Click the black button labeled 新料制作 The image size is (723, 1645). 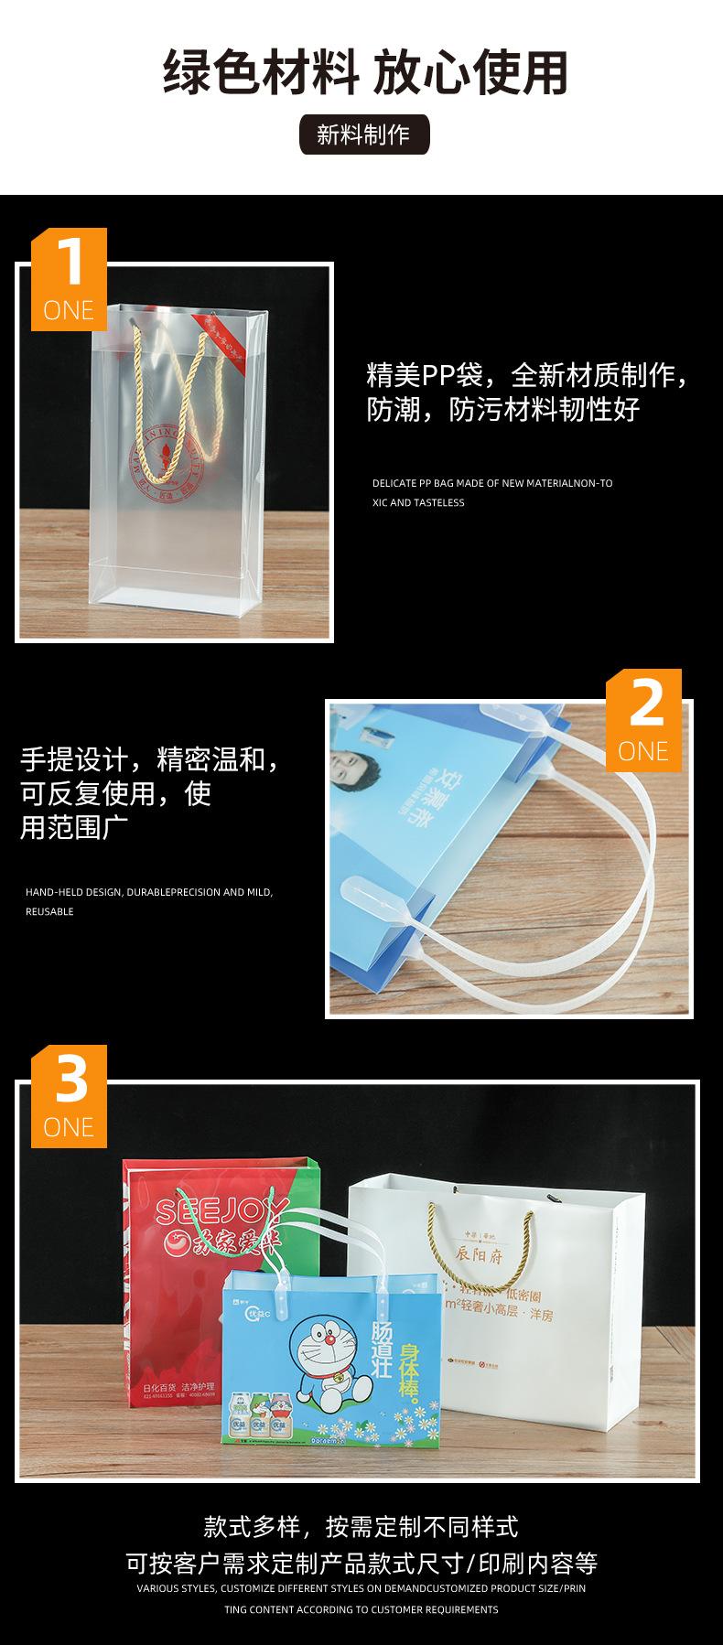coord(363,135)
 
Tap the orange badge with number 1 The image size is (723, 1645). coord(70,278)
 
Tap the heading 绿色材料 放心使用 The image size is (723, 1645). coord(365,73)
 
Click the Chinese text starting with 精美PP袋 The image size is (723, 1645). coord(526,392)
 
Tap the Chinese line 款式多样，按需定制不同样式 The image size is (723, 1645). coord(361,1526)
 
